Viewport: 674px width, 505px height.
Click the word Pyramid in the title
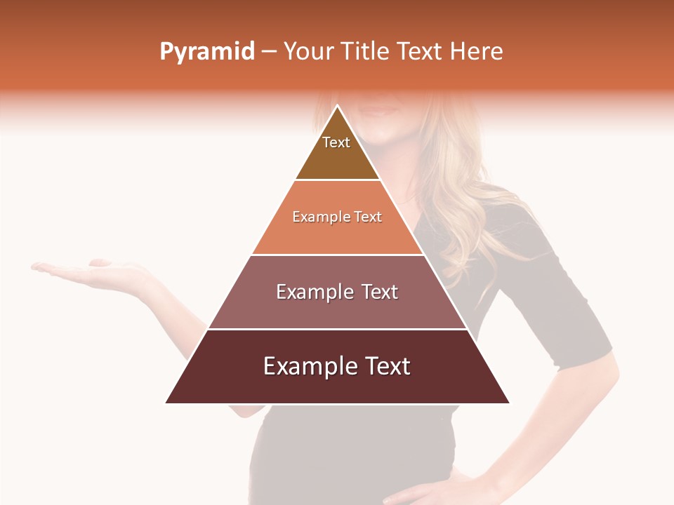click(x=207, y=52)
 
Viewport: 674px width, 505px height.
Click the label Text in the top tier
click(x=336, y=142)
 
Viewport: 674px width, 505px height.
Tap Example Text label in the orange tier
click(x=337, y=217)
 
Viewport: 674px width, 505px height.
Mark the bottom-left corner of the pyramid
click(x=167, y=403)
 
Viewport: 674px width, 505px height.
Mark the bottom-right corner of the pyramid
click(x=508, y=403)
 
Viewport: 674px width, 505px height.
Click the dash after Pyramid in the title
click(x=268, y=52)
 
